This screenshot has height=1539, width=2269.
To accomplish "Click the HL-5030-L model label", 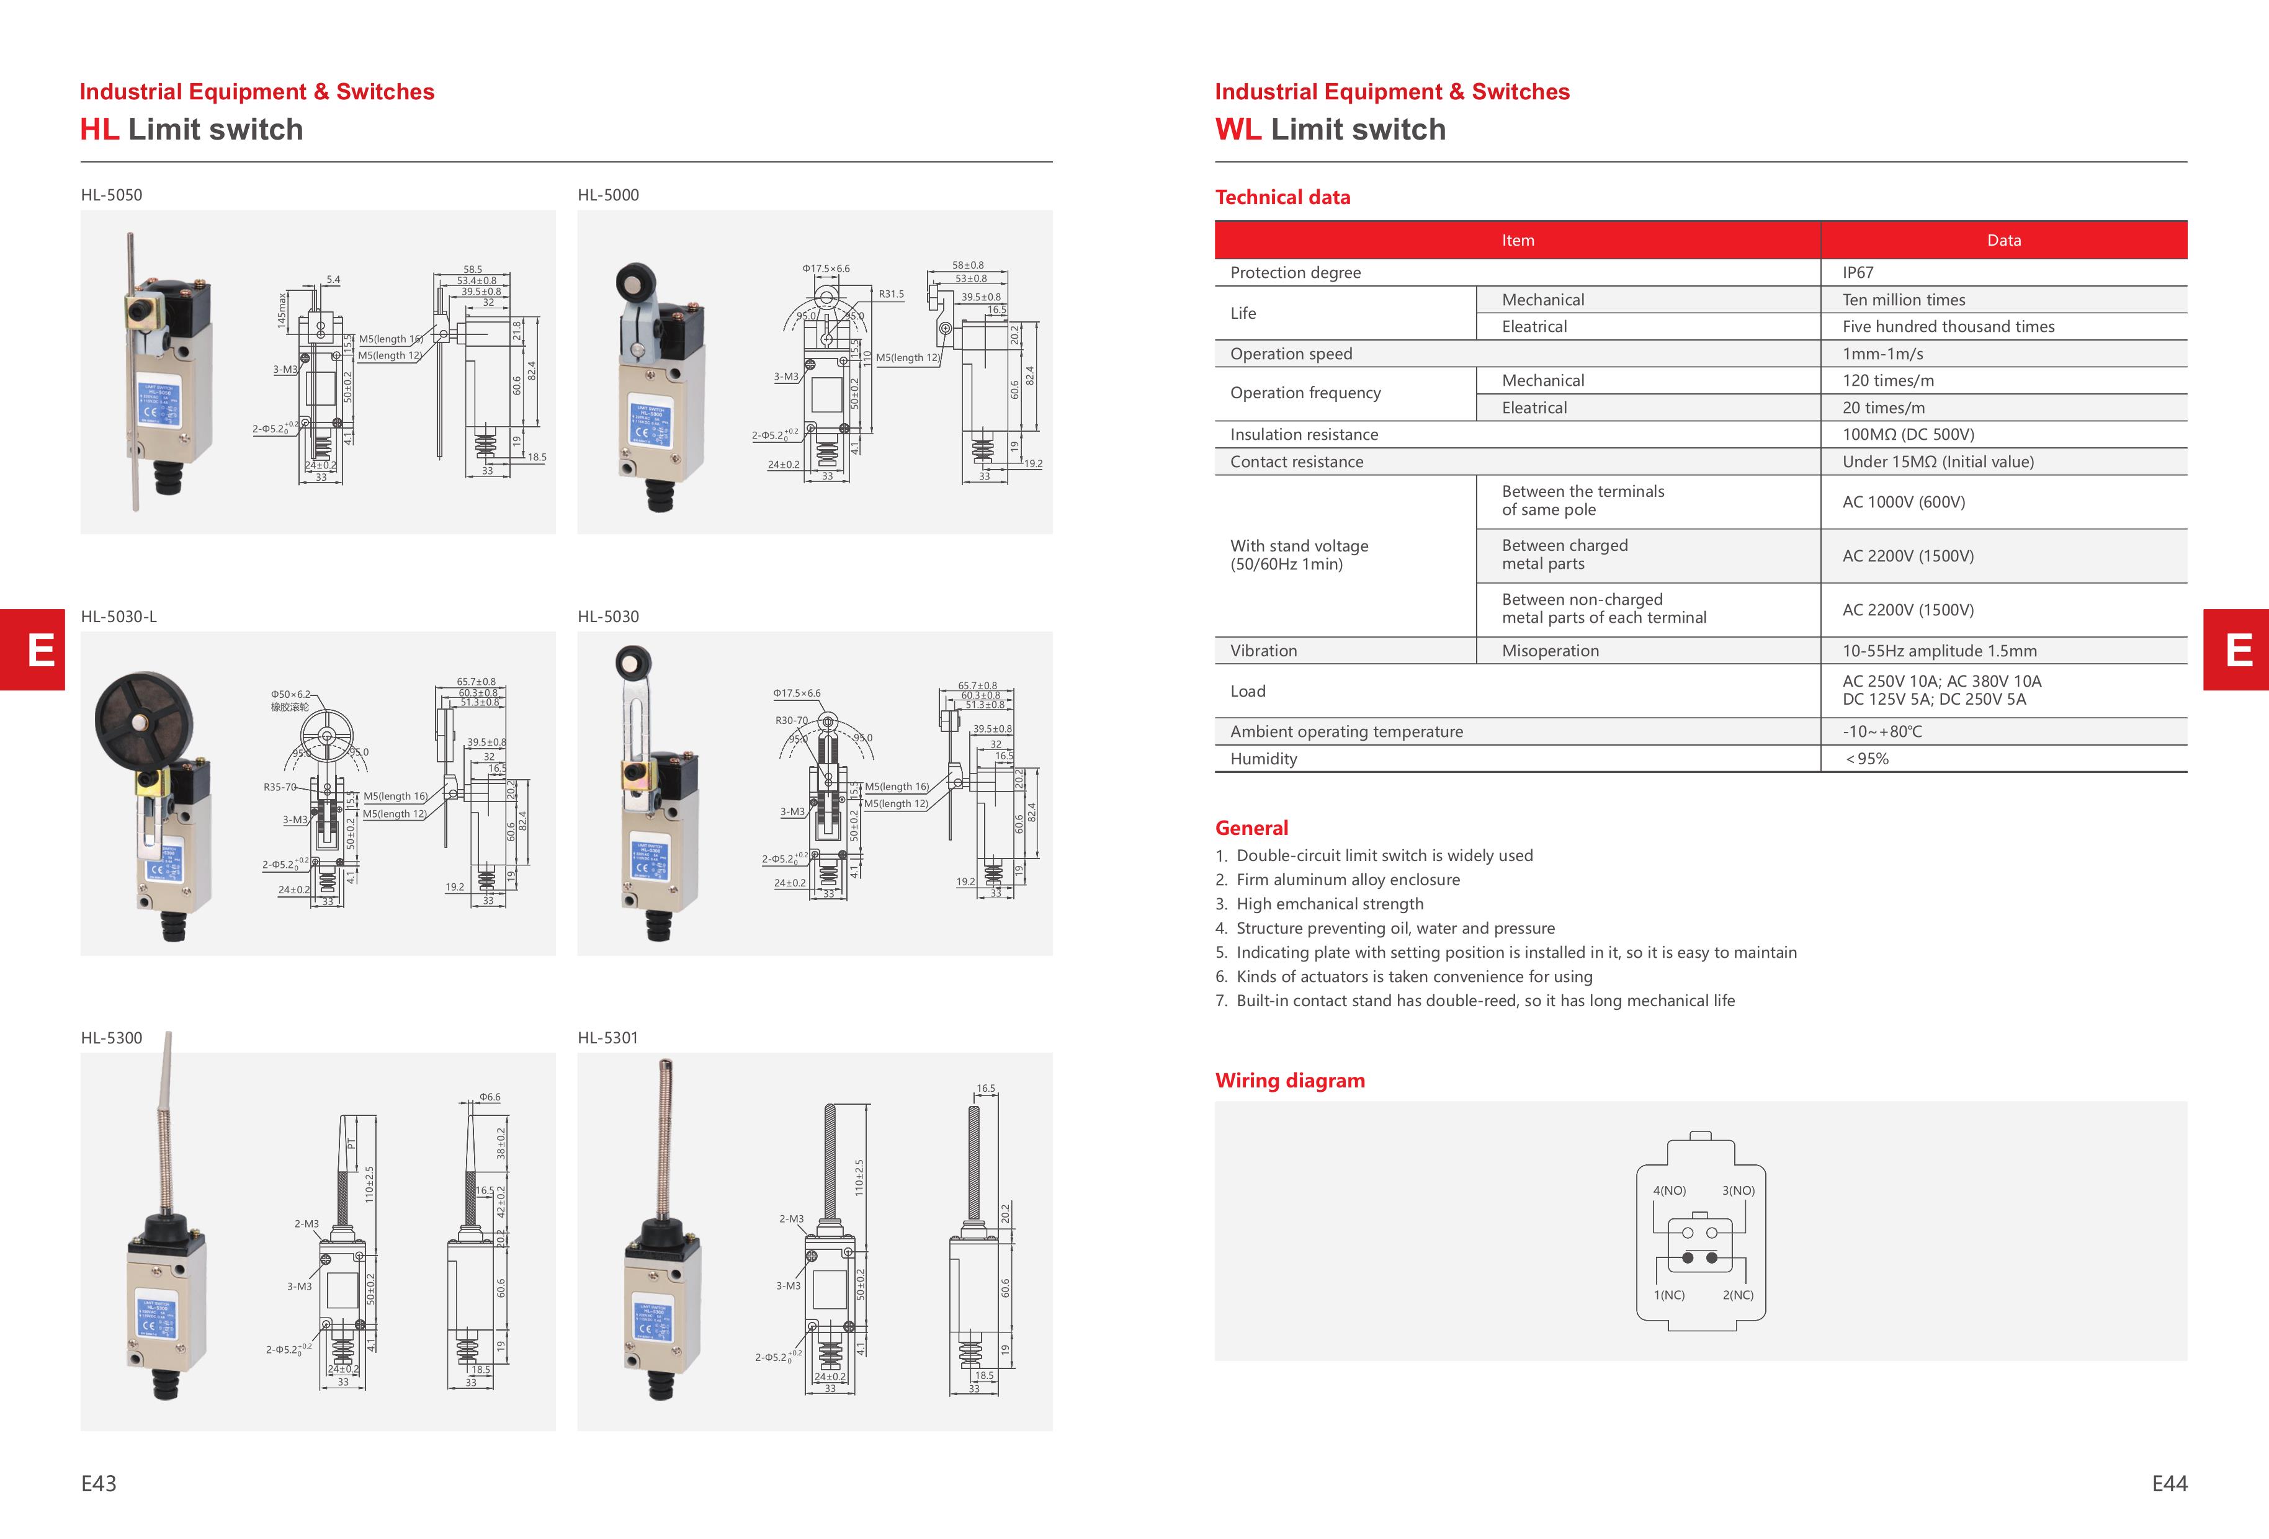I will [118, 617].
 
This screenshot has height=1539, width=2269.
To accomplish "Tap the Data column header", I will [2003, 240].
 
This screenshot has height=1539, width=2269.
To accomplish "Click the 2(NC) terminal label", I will [1738, 1295].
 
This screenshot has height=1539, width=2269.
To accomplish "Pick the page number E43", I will [99, 1483].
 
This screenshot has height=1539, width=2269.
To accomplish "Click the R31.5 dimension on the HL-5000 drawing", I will [890, 294].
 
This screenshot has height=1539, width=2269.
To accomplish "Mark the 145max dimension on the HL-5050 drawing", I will [282, 310].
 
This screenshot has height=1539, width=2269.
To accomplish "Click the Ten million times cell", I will [1903, 300].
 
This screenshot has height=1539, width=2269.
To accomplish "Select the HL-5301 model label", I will [607, 1037].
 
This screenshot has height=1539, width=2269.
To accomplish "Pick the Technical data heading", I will [1282, 197].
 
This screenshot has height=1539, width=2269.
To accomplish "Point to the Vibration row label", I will [1263, 651].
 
